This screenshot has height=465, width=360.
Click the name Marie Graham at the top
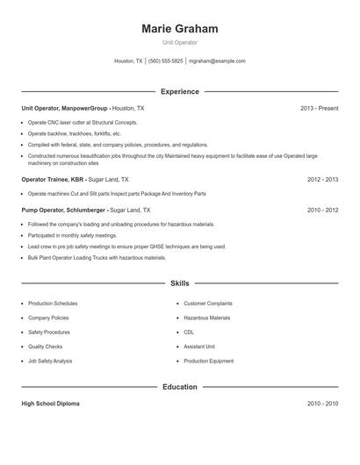179,28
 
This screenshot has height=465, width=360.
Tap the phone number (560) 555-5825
165,61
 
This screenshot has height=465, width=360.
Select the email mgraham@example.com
217,61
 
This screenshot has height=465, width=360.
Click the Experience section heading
179,91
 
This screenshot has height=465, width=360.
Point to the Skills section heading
179,283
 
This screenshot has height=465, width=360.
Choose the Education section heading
179,386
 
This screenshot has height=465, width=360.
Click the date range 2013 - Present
319,108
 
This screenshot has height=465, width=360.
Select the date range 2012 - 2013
322,178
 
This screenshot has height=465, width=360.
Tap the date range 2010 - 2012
322,211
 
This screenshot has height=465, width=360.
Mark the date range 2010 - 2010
322,404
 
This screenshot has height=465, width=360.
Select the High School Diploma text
50,404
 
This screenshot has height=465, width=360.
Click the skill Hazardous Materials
206,318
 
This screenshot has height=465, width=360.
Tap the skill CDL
189,333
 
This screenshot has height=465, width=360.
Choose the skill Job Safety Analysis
50,361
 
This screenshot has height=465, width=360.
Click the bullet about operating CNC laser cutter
83,122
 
